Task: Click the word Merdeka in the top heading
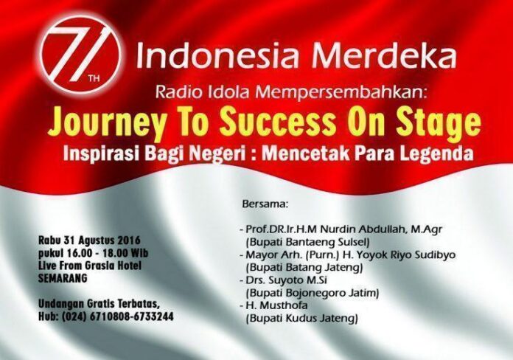pos(384,55)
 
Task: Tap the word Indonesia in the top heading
pos(218,55)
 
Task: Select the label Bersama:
pos(265,204)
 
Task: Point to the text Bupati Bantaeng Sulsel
pos(307,242)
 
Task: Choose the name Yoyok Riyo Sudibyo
pos(397,255)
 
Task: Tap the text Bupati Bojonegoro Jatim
pos(313,293)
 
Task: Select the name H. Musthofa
pos(277,305)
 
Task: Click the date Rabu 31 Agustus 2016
pos(89,240)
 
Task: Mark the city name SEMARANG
pos(63,278)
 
